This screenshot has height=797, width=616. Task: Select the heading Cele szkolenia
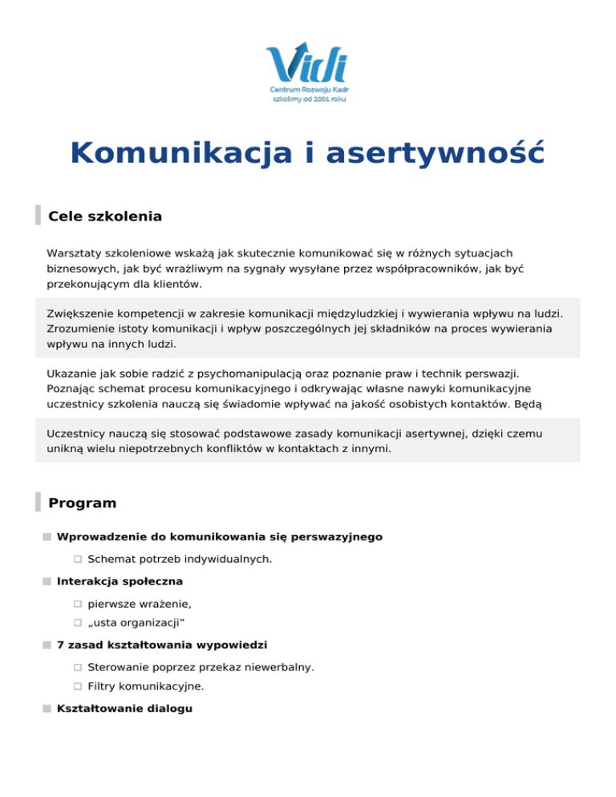[x=105, y=216]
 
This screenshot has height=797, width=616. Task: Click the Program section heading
[x=83, y=504]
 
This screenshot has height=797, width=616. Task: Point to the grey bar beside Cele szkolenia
[x=38, y=216]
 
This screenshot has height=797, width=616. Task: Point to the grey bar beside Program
[x=38, y=503]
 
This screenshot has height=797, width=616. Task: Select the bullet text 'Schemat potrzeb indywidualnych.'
[x=180, y=558]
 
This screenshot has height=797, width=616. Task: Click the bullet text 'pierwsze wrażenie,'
[x=140, y=602]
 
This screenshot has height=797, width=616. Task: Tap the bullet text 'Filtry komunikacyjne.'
[x=146, y=686]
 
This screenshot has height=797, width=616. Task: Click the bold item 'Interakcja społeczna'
[x=120, y=580]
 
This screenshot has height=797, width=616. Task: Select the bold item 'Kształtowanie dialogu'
[x=124, y=708]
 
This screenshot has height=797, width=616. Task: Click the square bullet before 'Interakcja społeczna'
[x=48, y=581]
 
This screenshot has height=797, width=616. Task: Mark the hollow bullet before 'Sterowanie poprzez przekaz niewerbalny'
[x=78, y=666]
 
